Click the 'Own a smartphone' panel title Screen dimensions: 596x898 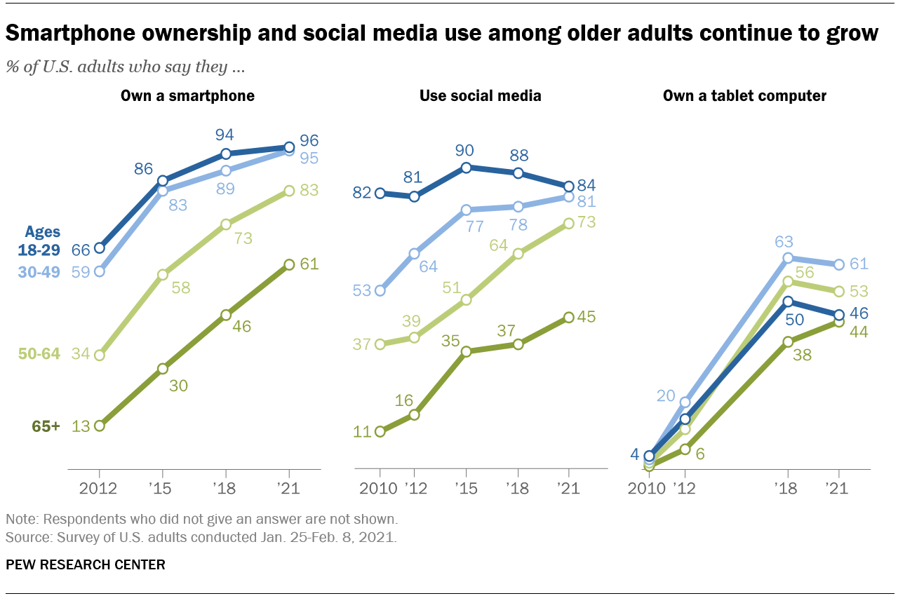click(x=187, y=95)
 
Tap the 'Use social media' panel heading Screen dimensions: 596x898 click(x=480, y=95)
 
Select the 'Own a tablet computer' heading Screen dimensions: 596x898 click(x=744, y=95)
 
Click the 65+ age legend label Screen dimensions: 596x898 click(x=46, y=426)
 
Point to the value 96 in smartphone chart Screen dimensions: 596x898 click(x=309, y=140)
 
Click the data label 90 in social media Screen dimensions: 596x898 click(x=464, y=150)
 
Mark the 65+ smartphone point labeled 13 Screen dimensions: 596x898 click(x=99, y=426)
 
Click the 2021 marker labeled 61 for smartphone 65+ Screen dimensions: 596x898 click(x=288, y=264)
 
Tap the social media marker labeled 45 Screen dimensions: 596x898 click(x=568, y=317)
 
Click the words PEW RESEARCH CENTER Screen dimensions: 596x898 click(x=86, y=564)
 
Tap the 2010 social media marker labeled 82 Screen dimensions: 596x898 click(x=380, y=193)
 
